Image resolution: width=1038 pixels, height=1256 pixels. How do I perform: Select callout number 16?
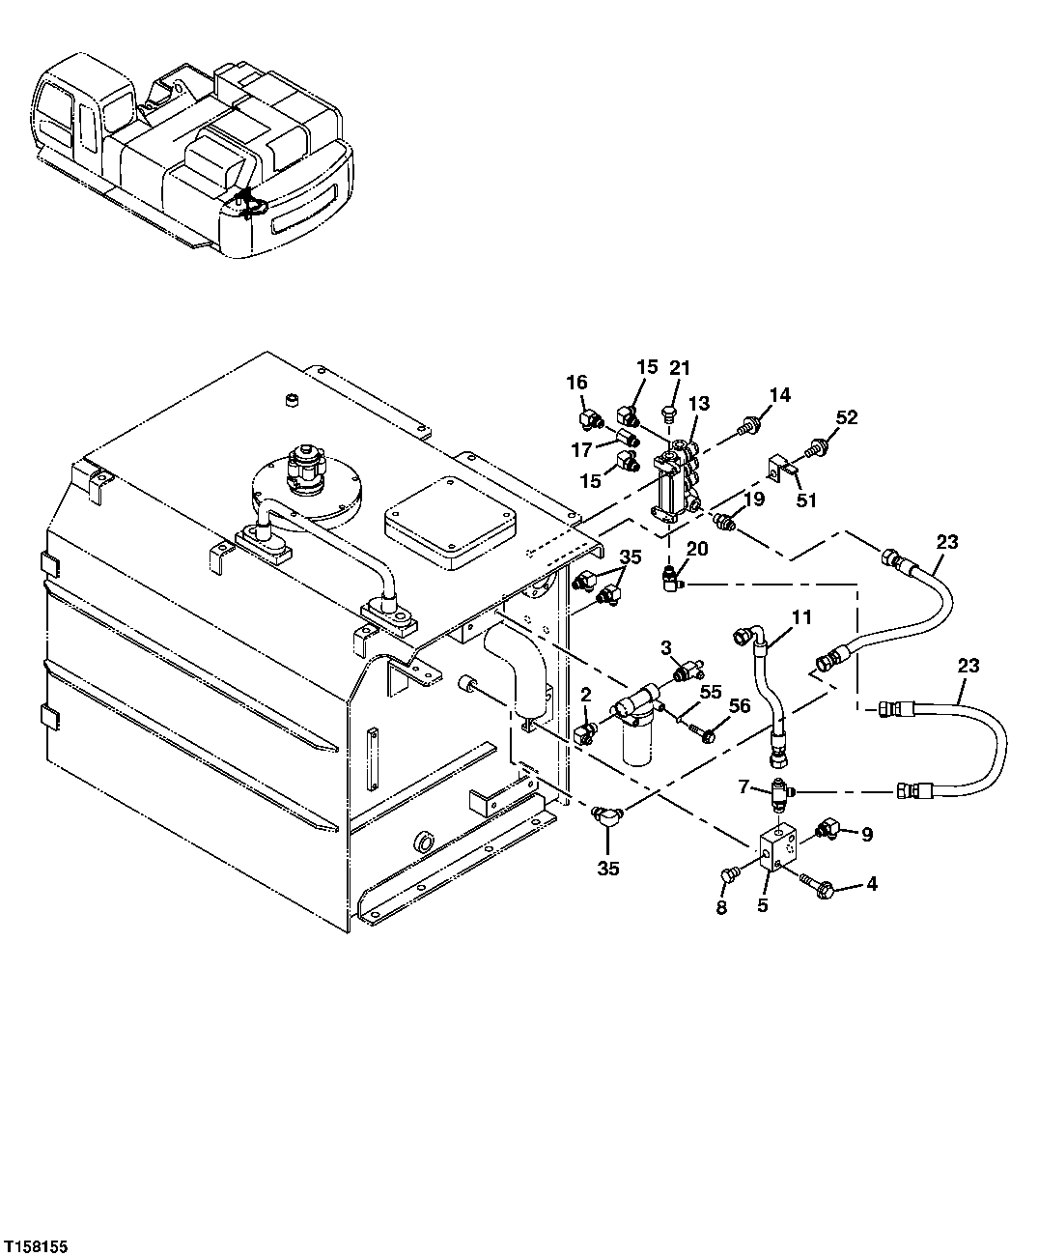[x=576, y=384]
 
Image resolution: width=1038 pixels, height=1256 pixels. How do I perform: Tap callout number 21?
[x=681, y=368]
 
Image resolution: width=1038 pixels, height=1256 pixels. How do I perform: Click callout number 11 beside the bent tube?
[x=801, y=615]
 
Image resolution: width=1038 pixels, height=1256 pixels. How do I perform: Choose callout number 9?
[x=866, y=835]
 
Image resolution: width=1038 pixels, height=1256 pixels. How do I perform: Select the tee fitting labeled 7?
[x=780, y=793]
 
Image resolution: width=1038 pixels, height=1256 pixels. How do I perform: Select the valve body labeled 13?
[x=676, y=479]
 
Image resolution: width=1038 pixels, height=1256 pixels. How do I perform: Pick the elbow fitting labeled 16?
[x=589, y=418]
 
